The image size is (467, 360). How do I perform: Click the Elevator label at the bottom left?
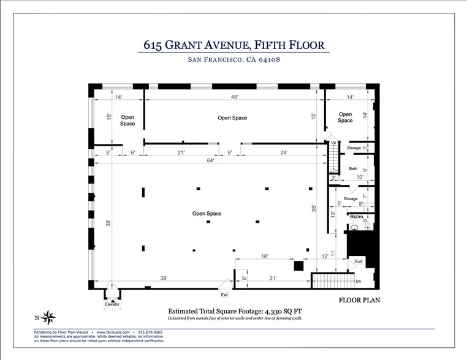point(112,304)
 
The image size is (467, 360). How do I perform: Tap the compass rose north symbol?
point(50,317)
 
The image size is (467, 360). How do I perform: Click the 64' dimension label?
point(210,161)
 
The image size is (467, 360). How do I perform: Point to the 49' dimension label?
point(234,97)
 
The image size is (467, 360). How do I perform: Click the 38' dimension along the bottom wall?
point(164,278)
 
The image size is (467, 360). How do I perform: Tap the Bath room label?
point(353,169)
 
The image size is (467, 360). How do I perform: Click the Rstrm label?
point(357,217)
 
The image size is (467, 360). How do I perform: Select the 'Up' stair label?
point(334,143)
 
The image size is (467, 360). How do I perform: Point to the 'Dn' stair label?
point(359,281)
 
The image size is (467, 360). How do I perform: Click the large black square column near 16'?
point(298,266)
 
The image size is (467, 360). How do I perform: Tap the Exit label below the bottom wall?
point(224,295)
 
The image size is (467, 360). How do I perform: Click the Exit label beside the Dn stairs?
point(359,261)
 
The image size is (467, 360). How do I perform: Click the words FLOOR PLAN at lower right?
point(360,301)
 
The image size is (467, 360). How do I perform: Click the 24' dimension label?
point(284,153)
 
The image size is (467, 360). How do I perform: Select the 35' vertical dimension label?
point(314,208)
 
